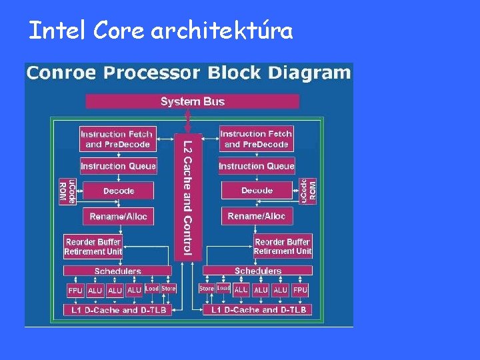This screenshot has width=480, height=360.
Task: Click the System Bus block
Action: coord(192,101)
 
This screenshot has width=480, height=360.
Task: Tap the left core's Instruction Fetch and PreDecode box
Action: coord(117,139)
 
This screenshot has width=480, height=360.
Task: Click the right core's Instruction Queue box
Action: coord(256,165)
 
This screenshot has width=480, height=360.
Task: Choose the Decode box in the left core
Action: coord(118,191)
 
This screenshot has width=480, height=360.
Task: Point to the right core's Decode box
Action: coord(257,191)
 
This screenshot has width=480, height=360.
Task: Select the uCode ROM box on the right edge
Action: coord(308,191)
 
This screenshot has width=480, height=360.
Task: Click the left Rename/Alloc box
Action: coord(118,216)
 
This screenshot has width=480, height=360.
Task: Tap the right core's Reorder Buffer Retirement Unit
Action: coord(283,247)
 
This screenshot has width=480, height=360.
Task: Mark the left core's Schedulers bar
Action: coord(117,271)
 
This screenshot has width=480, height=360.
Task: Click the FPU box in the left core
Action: coord(75,290)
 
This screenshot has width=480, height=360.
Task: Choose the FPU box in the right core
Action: coord(300,290)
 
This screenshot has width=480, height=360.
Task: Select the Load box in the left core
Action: coord(152,289)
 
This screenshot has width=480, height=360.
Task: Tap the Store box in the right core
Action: coord(206,289)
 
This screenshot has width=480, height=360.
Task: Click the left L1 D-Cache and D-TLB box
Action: coord(117,310)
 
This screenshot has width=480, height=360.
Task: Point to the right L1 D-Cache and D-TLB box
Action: coord(257,310)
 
